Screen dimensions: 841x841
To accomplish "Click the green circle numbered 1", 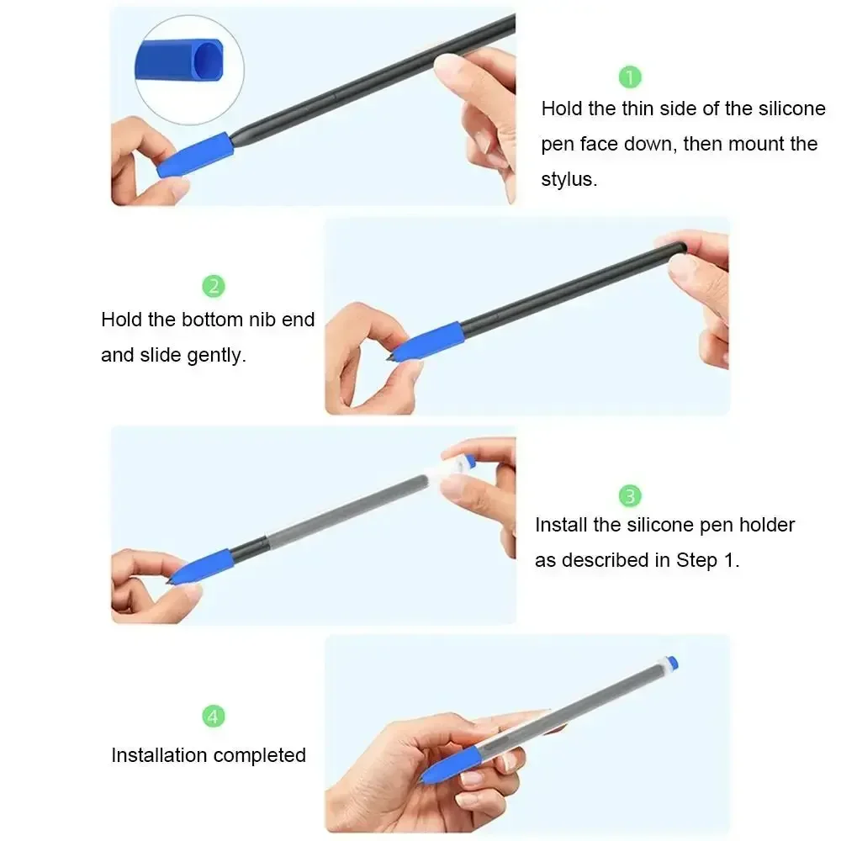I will (630, 77).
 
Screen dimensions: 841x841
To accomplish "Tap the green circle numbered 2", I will (214, 286).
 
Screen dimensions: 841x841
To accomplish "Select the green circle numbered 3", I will (630, 495).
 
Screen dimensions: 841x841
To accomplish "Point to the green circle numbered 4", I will (214, 717).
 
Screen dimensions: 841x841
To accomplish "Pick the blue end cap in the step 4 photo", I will (671, 663).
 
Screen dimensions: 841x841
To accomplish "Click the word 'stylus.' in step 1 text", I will (569, 179).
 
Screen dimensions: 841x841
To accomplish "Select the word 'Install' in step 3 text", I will (560, 525).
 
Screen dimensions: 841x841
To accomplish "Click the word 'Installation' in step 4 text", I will (158, 755).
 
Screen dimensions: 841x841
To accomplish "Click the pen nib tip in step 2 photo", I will (390, 357).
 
